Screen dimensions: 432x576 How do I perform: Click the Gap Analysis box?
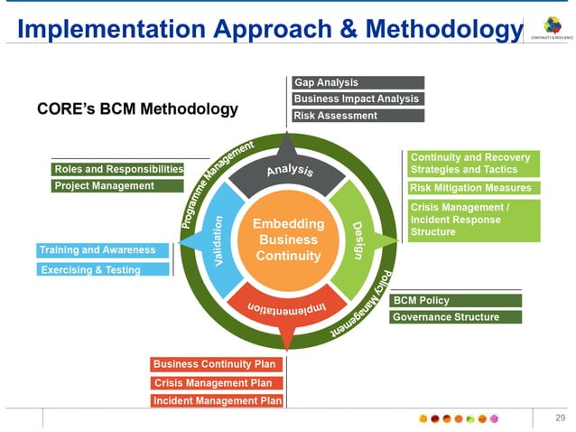point(358,83)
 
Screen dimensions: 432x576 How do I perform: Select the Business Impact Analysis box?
point(358,99)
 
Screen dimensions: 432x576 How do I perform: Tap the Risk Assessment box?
point(358,116)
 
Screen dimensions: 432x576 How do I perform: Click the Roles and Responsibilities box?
point(117,169)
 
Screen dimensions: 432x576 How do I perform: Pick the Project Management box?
point(117,186)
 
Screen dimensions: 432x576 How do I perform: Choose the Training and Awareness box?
point(103,250)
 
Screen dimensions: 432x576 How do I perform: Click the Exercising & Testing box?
point(103,269)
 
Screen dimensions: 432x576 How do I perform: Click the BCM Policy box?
point(456,300)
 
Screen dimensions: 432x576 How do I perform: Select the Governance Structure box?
point(456,317)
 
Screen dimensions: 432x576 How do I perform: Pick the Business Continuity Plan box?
point(217,364)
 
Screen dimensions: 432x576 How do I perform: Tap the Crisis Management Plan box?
point(217,383)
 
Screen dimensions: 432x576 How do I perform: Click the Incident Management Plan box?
point(217,400)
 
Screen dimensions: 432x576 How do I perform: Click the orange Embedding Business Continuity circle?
point(286,240)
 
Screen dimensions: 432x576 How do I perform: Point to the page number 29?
point(560,417)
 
